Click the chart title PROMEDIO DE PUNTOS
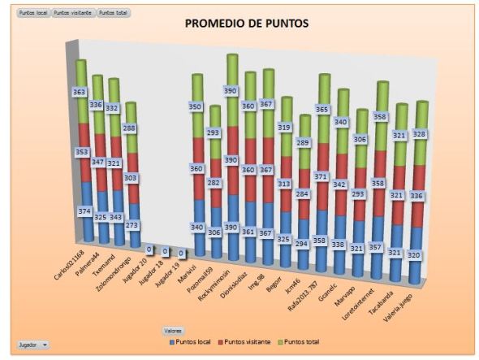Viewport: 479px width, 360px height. click(x=247, y=24)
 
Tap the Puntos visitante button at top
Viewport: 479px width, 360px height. click(x=72, y=13)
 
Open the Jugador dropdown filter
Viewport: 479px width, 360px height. click(x=32, y=345)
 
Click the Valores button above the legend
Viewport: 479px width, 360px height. click(x=173, y=331)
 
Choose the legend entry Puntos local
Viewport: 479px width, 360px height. click(x=190, y=342)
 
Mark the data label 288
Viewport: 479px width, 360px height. click(x=130, y=128)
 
